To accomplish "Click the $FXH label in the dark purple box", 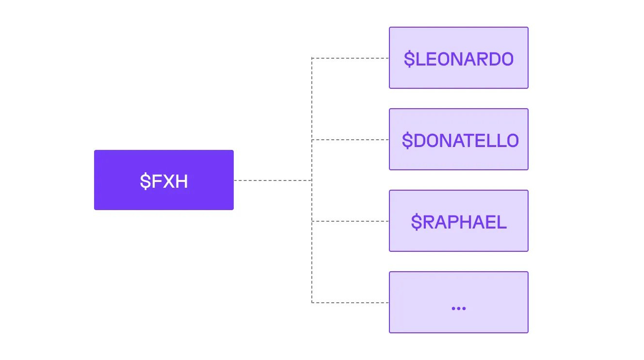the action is coord(164,181).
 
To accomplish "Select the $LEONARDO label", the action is coord(459,59).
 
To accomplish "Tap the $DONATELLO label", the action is coord(460,140).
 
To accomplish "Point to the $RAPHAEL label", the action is coord(459,222).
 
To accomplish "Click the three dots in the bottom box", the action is coord(458,308).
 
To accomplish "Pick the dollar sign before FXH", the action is coord(145,181).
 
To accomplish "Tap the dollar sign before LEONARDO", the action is coord(409,59).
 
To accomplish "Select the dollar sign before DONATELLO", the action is coord(407,140).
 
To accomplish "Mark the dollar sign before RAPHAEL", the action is coord(416,222).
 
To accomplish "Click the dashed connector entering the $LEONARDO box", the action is coord(350,58).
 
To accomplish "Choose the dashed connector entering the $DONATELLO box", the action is coord(350,140).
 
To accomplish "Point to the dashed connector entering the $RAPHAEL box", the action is coord(350,221).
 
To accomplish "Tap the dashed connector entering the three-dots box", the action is coord(350,303).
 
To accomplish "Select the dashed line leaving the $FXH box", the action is coord(272,180).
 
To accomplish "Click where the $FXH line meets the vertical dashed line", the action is coord(312,180).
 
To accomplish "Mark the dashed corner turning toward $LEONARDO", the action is coord(312,58).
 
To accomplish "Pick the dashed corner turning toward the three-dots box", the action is coord(312,303).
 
